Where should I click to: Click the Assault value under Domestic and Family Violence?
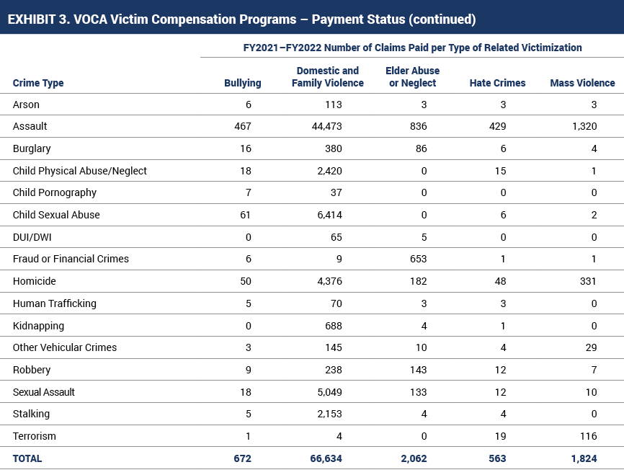[x=326, y=126]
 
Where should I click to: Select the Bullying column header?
[x=242, y=83]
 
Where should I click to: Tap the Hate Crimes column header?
[x=497, y=83]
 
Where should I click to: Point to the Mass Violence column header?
[x=583, y=83]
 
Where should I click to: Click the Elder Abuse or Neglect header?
[x=413, y=77]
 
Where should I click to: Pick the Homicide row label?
[x=34, y=281]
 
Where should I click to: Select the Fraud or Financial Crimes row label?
[x=71, y=259]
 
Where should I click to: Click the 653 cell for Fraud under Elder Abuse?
[x=418, y=259]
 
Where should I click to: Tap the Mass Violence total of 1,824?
[x=584, y=458]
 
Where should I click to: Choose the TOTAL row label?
[x=27, y=458]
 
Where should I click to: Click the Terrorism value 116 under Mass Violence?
[x=588, y=436]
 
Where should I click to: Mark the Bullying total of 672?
[x=242, y=458]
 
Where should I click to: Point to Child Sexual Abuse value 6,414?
[x=329, y=215]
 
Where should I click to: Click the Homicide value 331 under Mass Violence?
[x=588, y=281]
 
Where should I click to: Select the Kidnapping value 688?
[x=334, y=326]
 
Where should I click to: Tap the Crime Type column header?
[x=38, y=83]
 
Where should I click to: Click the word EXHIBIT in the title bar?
[x=31, y=19]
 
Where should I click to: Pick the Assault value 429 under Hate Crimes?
[x=497, y=126]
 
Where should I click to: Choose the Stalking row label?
[x=31, y=414]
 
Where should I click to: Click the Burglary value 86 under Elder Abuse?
[x=421, y=148]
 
